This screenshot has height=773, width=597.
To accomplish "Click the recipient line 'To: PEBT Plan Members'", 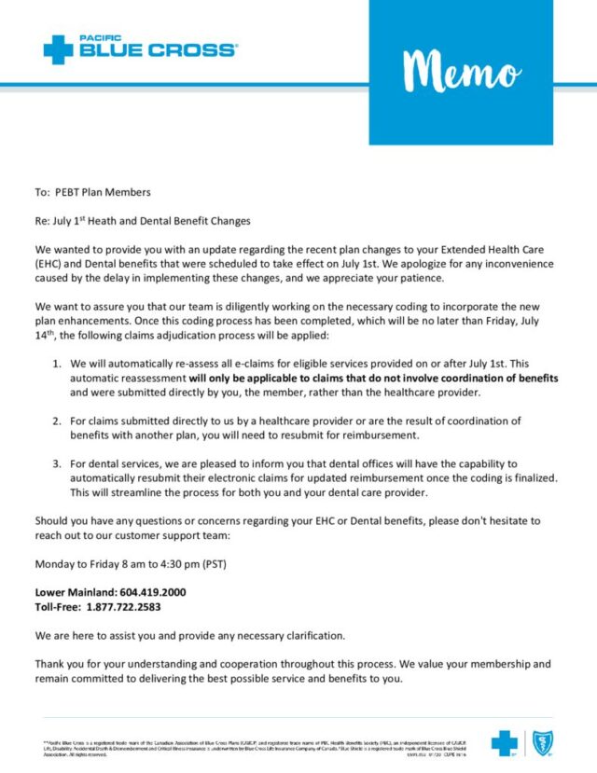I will tap(92, 192).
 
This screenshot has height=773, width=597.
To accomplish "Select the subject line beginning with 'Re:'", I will tap(143, 221).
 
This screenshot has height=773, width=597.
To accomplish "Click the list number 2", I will tap(57, 421).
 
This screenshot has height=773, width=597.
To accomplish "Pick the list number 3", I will tap(57, 462).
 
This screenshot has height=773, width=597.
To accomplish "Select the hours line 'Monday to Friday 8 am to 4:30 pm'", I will tap(131, 564).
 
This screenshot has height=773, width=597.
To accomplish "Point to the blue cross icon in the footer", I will tap(505, 742).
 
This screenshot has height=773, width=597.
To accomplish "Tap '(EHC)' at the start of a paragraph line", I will tap(51, 264).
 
